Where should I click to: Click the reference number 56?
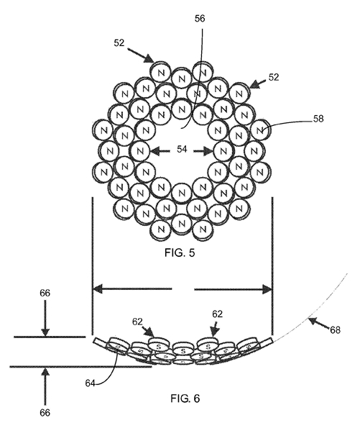(x=200, y=18)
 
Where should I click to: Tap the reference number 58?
(x=318, y=119)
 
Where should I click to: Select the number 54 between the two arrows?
(x=182, y=150)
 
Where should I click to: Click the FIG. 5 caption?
(x=180, y=252)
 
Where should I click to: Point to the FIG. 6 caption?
(x=185, y=399)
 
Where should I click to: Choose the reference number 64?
(x=90, y=383)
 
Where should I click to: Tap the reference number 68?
(x=335, y=330)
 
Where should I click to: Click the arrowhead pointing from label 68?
(x=313, y=321)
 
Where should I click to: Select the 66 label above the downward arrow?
(x=45, y=293)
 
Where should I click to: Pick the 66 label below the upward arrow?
(x=45, y=413)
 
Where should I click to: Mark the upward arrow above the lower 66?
(x=45, y=386)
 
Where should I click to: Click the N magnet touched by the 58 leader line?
(x=260, y=129)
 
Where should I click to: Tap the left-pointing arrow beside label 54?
(x=161, y=150)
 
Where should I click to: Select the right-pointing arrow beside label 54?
(x=203, y=150)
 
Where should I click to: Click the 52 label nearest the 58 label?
(x=274, y=77)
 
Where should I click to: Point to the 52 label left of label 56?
(x=119, y=43)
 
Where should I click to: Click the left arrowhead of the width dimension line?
(x=98, y=288)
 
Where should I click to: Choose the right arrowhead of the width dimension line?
(x=267, y=288)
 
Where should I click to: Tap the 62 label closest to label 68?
(x=217, y=314)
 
